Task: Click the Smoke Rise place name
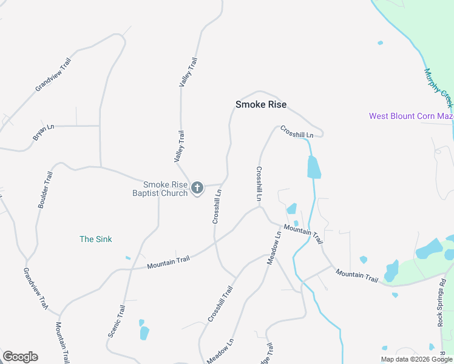coord(260,104)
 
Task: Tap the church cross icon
coord(197,189)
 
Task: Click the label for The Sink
coord(96,239)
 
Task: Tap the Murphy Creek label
coord(438,84)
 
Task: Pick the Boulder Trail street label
coord(46,190)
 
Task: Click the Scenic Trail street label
coord(116,320)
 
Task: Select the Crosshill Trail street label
coord(220,303)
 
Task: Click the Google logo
coord(20,357)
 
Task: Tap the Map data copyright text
coord(416,359)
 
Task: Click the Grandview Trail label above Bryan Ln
coord(53,75)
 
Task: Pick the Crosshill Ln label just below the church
coord(217,206)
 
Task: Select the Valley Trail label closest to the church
coord(179,146)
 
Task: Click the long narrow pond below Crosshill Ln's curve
coord(313,167)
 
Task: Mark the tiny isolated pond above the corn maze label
coord(380,43)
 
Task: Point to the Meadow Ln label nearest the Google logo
coord(220,351)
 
